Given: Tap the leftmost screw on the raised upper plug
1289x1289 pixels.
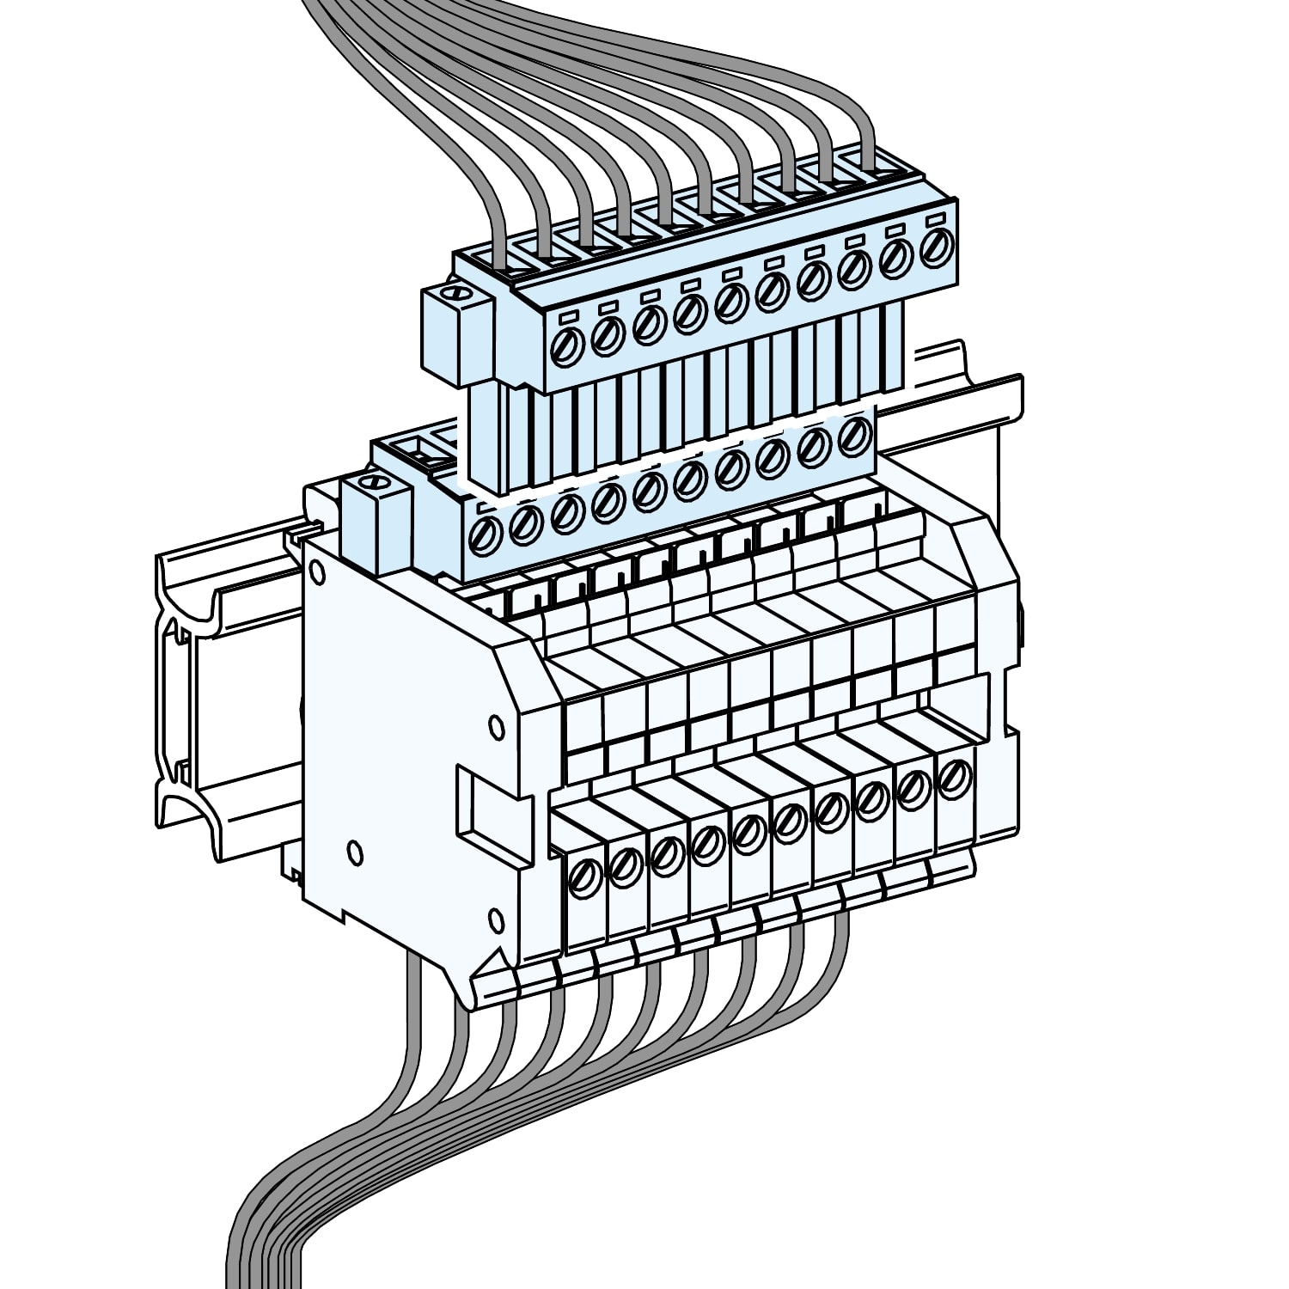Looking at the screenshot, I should [x=568, y=343].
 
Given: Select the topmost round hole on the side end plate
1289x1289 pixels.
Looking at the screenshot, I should [x=316, y=571].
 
